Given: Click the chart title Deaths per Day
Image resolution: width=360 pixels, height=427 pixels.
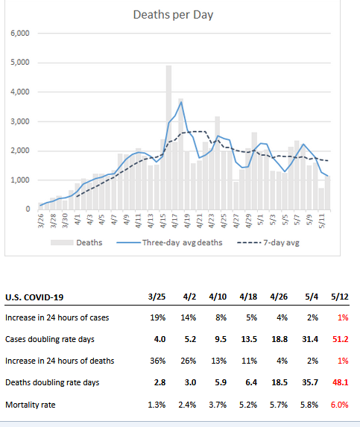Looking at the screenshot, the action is (x=173, y=15).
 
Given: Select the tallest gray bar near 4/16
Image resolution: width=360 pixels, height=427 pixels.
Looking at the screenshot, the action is (x=169, y=138).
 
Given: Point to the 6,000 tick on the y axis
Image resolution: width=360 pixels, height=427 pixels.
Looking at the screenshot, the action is (x=20, y=34).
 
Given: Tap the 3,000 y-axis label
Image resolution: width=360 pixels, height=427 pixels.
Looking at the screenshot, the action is (x=20, y=121).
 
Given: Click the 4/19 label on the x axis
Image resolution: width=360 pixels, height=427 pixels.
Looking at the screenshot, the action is (x=187, y=221).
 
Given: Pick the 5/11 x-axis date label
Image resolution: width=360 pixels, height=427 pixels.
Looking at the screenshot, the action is (x=322, y=221).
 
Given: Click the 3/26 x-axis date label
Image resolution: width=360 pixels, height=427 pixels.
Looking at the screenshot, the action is (x=41, y=221).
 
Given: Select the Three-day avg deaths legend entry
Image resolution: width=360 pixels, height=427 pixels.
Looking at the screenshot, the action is (x=169, y=242).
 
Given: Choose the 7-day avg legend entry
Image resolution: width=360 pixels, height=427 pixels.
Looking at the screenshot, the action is (x=268, y=242).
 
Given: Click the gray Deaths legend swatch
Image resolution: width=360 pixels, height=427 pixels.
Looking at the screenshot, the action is (x=62, y=242).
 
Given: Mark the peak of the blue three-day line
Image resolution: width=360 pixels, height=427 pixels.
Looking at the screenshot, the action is (x=181, y=102).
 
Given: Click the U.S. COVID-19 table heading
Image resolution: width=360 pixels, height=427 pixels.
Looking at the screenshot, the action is (x=34, y=297).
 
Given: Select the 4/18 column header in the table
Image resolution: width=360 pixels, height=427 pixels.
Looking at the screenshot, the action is (x=248, y=297).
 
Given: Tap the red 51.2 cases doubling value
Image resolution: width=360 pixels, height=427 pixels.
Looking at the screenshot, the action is (x=341, y=339).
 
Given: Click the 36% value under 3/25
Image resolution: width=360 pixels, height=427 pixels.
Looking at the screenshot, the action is (x=158, y=361).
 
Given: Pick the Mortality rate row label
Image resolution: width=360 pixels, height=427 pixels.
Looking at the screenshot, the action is (x=31, y=405).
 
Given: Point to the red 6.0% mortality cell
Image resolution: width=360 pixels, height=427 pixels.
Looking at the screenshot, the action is (x=340, y=405).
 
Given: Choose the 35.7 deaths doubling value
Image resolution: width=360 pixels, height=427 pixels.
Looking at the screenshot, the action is (x=310, y=382).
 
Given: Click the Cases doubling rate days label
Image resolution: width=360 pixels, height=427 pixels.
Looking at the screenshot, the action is (x=50, y=339).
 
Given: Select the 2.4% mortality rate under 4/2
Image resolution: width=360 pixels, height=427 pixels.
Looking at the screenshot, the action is (x=187, y=405).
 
